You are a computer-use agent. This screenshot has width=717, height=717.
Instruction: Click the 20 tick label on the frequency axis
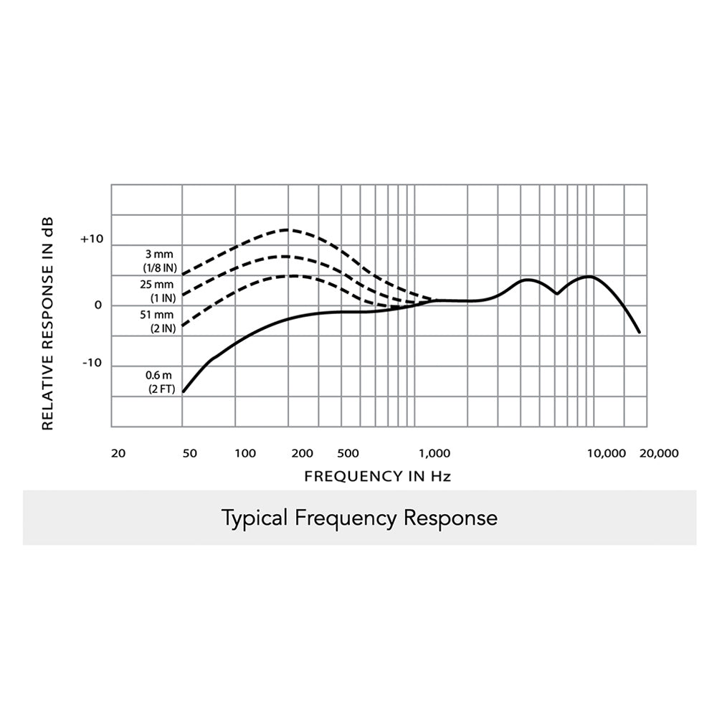[x=119, y=453]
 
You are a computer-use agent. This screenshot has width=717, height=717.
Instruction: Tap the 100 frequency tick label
[x=245, y=453]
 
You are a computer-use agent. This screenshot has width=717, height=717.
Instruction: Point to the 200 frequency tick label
[x=302, y=453]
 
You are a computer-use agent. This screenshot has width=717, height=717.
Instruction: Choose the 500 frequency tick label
[x=347, y=453]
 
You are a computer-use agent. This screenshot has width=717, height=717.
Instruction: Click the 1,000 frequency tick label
[x=435, y=453]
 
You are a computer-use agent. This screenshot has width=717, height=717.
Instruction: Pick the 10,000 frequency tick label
[x=606, y=453]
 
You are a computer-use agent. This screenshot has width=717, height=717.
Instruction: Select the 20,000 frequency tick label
[x=657, y=453]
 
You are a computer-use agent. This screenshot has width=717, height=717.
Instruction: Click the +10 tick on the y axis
[x=92, y=239]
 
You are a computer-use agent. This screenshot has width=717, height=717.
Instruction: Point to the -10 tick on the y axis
[x=92, y=363]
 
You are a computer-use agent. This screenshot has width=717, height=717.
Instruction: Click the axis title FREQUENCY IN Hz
[x=377, y=476]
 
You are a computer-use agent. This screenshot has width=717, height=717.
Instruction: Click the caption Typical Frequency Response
[x=359, y=518]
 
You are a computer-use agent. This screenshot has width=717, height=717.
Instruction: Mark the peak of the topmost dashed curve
[x=288, y=229]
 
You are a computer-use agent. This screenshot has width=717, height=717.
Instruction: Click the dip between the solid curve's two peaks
[x=556, y=293]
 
